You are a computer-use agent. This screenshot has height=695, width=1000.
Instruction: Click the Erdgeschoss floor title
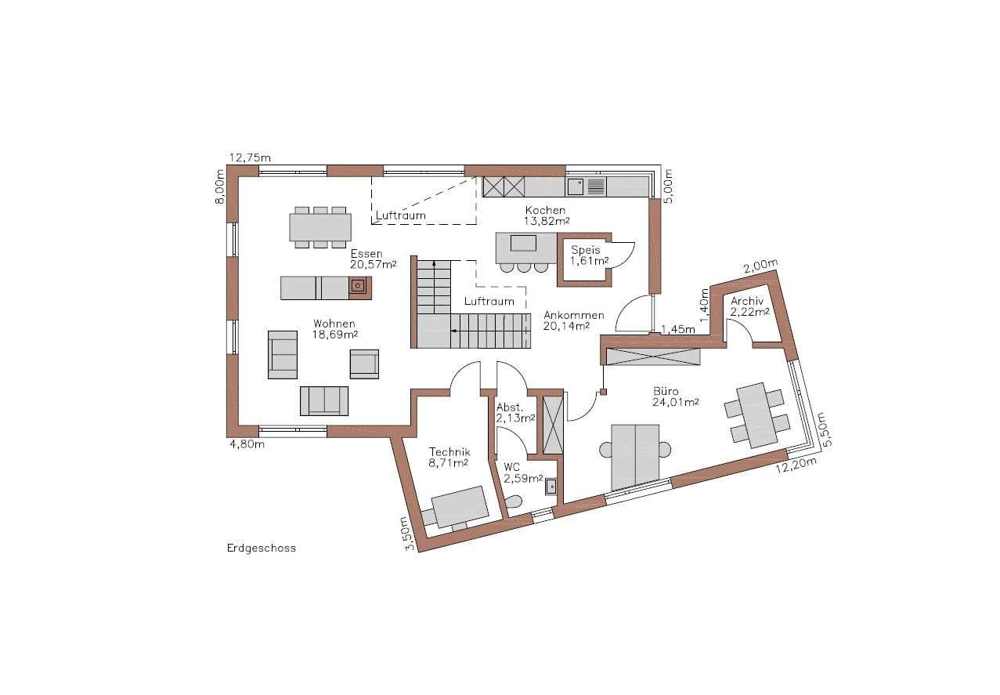pyautogui.click(x=262, y=548)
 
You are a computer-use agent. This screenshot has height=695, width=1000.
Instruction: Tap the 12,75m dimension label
pyautogui.click(x=250, y=157)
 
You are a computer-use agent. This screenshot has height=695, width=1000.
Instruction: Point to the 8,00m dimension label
pyautogui.click(x=219, y=186)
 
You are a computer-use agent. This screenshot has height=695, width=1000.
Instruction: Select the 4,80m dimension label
pyautogui.click(x=247, y=444)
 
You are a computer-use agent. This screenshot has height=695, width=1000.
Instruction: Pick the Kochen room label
pyautogui.click(x=545, y=210)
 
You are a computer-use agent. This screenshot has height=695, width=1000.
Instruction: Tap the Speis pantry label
pyautogui.click(x=586, y=250)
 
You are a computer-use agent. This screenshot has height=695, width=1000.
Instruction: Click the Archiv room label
pyautogui.click(x=747, y=302)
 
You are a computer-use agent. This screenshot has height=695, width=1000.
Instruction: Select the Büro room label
pyautogui.click(x=666, y=392)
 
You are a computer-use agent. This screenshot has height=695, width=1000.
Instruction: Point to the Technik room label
pyautogui.click(x=449, y=452)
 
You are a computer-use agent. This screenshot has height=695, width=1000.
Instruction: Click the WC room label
pyautogui.click(x=512, y=467)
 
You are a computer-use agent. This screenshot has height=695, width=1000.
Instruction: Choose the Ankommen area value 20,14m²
pyautogui.click(x=566, y=326)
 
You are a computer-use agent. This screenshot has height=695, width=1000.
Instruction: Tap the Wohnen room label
pyautogui.click(x=334, y=324)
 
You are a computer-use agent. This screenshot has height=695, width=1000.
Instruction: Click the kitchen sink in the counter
pyautogui.click(x=575, y=186)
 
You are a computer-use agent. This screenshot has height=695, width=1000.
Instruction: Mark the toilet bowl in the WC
pyautogui.click(x=514, y=502)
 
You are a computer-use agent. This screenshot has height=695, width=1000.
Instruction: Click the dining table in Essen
pyautogui.click(x=320, y=227)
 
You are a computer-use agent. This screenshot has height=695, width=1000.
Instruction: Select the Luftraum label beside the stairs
pyautogui.click(x=489, y=301)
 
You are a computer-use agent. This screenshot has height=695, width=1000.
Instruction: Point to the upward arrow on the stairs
pyautogui.click(x=434, y=286)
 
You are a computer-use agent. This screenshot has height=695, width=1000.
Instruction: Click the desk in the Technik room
pyautogui.click(x=460, y=507)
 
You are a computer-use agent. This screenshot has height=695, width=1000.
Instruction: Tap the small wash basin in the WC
pyautogui.click(x=551, y=487)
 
